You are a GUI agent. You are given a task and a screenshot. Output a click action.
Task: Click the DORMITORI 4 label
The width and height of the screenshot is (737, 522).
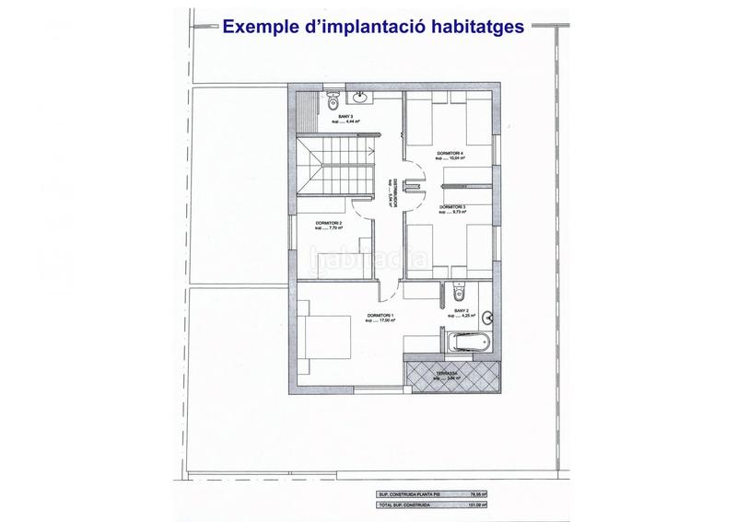pyautogui.click(x=450, y=152)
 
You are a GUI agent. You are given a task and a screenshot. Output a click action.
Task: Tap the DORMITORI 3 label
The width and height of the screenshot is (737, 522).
pyautogui.click(x=452, y=206)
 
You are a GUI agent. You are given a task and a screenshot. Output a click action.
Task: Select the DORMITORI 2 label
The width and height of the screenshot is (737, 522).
pyautogui.click(x=329, y=223)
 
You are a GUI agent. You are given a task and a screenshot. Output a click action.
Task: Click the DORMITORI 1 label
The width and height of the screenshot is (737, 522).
pyautogui.click(x=379, y=316)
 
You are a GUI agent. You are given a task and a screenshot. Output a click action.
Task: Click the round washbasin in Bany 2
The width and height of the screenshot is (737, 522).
pyautogui.click(x=487, y=319)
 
